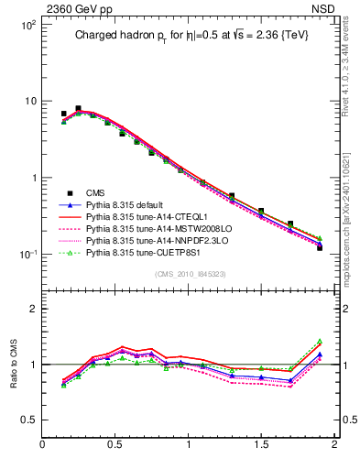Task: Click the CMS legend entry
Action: [95, 192]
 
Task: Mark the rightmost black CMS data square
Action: [320, 247]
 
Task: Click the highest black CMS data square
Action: [78, 108]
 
